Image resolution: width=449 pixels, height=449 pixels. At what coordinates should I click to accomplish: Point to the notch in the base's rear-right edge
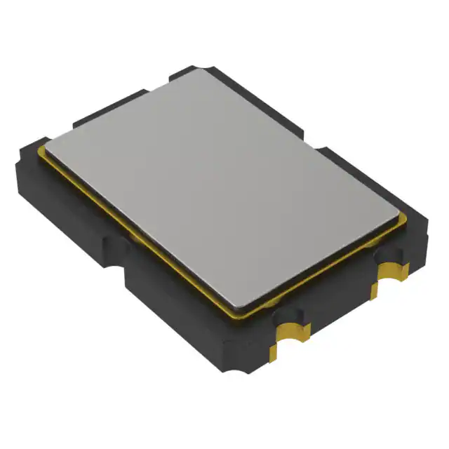point(316,140)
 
